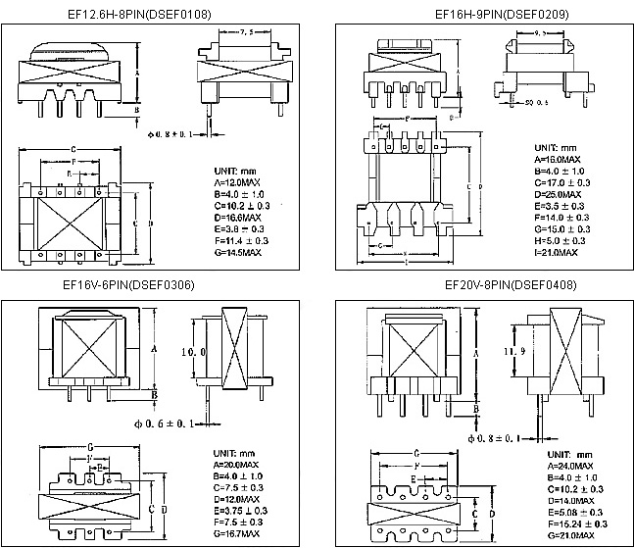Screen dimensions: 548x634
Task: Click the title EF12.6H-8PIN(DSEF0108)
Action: pyautogui.click(x=143, y=14)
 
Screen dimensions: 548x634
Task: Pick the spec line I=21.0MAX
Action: pyautogui.click(x=556, y=252)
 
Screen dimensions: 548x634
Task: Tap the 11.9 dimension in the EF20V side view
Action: pyautogui.click(x=504, y=350)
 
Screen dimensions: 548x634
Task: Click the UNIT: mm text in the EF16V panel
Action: pyautogui.click(x=233, y=452)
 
